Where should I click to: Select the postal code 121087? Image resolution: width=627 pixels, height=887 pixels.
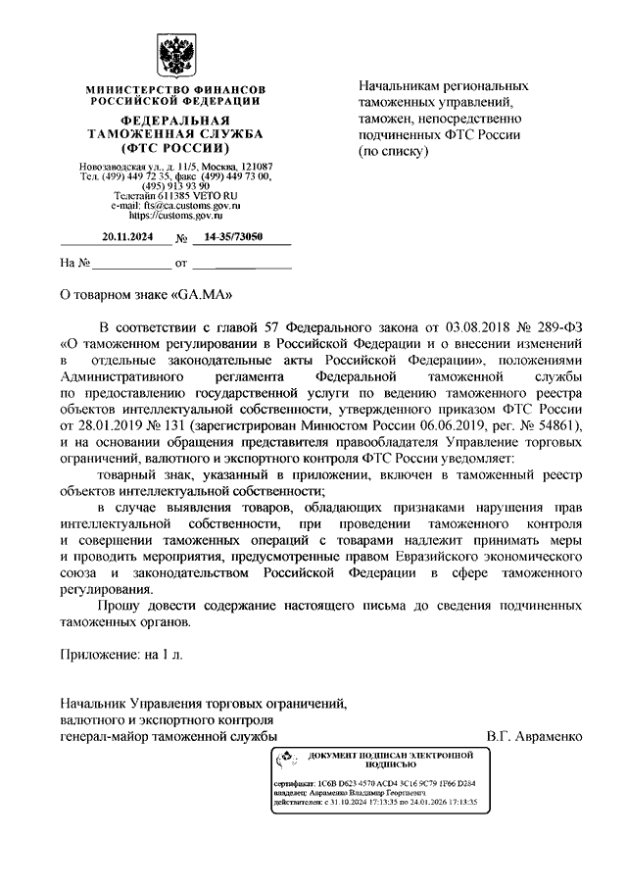(x=253, y=167)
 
